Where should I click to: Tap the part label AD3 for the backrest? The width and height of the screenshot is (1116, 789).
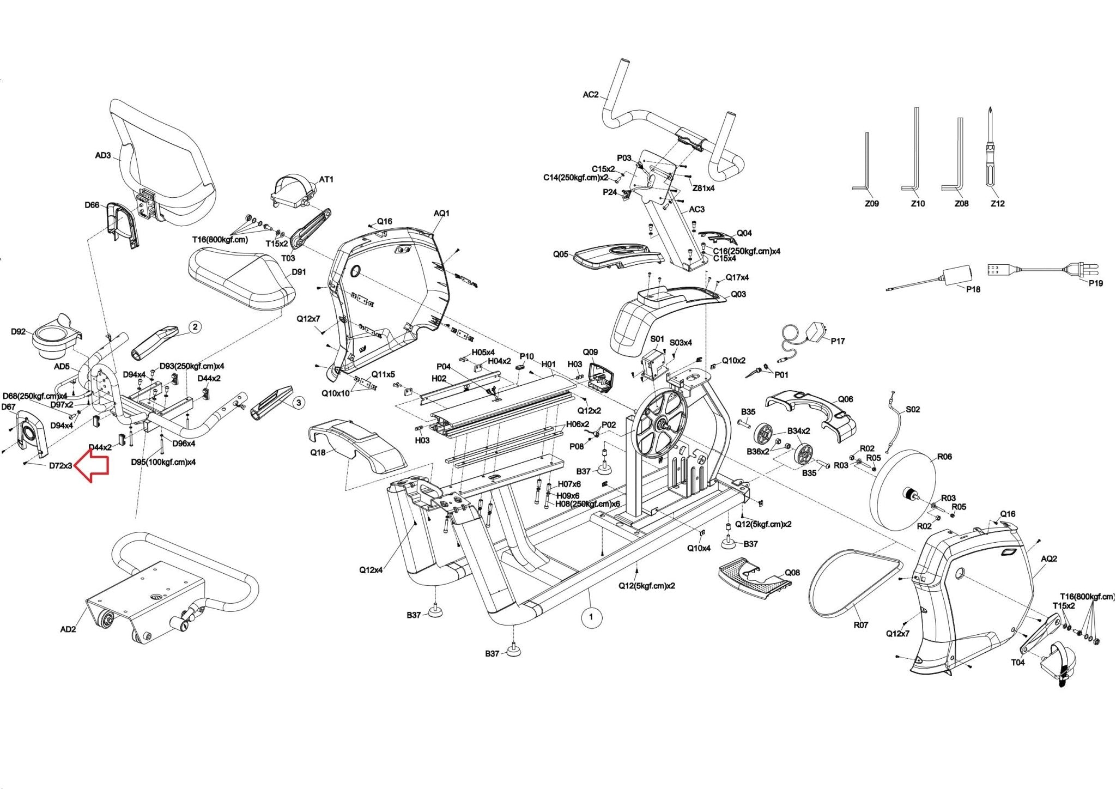coord(103,156)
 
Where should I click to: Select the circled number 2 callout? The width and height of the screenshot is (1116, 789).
coord(195,327)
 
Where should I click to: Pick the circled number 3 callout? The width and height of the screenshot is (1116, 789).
coord(298,403)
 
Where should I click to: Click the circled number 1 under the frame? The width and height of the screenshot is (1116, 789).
coord(591,617)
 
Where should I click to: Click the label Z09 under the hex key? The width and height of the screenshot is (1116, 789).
coord(872,204)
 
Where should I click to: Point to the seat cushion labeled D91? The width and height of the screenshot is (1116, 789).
coord(240,278)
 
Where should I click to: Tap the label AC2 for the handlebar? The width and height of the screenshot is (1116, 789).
coord(591,95)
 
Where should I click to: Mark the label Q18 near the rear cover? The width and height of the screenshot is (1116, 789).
coord(318,452)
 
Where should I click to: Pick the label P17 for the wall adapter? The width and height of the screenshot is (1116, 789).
coord(838,341)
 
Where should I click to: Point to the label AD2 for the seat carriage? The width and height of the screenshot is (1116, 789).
coord(68,629)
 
